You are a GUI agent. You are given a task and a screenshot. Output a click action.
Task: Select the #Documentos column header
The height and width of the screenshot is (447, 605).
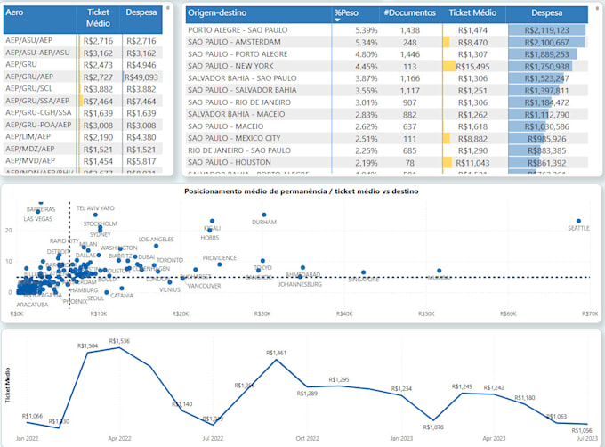(x=409, y=13)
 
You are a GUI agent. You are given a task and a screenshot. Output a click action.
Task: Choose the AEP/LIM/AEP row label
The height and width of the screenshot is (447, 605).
(x=28, y=137)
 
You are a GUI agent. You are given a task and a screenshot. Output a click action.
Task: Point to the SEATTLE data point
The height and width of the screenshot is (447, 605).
(x=578, y=221)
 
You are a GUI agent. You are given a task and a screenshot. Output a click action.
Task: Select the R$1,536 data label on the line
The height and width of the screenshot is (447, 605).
(x=119, y=341)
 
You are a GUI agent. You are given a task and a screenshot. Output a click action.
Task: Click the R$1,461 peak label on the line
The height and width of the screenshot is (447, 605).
(x=276, y=353)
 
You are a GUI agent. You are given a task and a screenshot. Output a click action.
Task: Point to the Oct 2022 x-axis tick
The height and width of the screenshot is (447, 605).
(x=307, y=438)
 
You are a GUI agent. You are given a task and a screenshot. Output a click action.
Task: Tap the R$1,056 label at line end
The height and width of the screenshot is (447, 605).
(x=580, y=430)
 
